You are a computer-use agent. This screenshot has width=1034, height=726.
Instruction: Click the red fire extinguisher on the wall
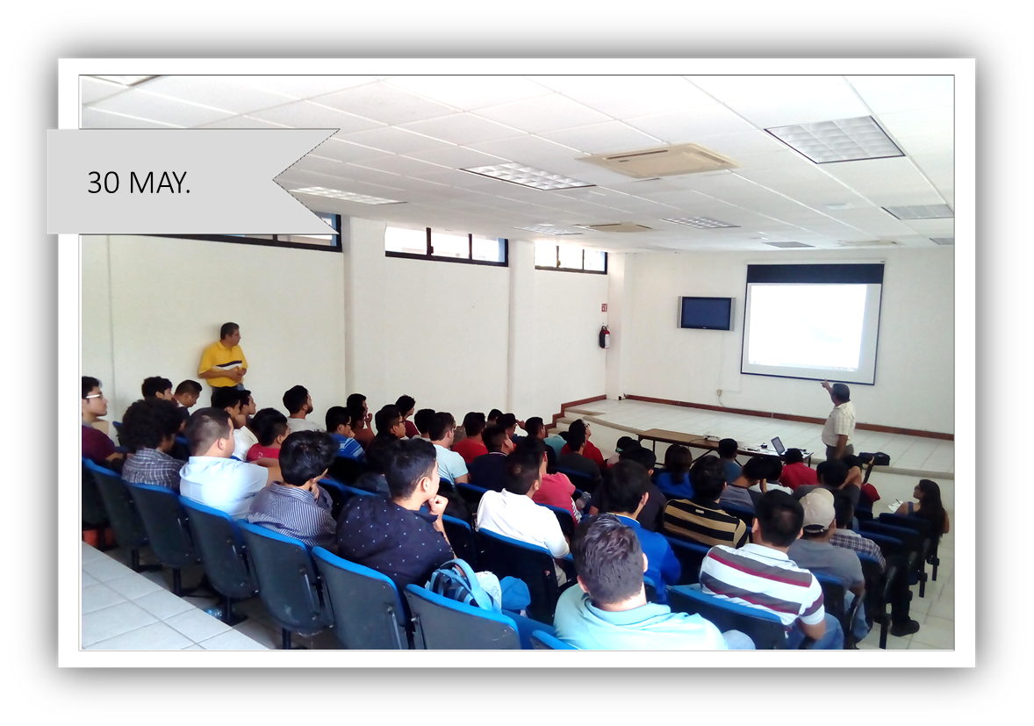click(604, 336)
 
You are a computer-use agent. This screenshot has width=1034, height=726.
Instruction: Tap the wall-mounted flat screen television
click(706, 313)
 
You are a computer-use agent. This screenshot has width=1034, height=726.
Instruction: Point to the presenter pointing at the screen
click(837, 419)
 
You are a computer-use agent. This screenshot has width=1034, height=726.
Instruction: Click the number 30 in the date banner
click(104, 183)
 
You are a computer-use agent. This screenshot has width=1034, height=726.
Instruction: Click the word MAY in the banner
click(158, 183)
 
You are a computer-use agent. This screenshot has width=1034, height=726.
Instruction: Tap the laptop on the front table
click(779, 447)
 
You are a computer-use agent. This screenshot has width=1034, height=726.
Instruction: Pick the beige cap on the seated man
click(817, 509)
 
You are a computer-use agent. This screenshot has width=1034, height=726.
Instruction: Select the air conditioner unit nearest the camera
click(659, 161)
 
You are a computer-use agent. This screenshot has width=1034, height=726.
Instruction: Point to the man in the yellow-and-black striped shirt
click(704, 505)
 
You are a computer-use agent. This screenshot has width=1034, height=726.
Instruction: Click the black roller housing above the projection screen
click(815, 274)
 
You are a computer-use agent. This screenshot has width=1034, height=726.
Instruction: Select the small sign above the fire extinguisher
click(603, 306)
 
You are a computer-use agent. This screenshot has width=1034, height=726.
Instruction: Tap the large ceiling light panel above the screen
click(835, 139)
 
